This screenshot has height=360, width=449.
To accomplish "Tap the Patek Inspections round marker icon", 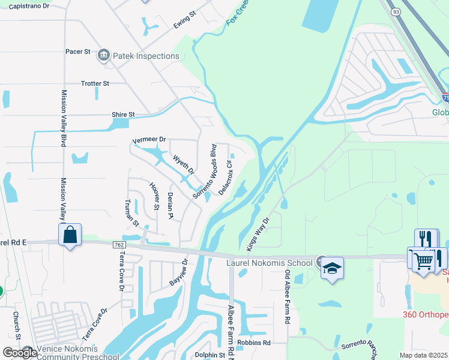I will (x=103, y=56).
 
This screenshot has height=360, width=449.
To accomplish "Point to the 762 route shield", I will (x=119, y=245).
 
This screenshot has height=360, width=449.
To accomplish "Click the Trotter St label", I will (x=95, y=83).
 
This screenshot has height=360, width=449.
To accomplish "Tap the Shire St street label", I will (x=124, y=114).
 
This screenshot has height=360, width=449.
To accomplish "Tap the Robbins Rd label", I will (x=254, y=343).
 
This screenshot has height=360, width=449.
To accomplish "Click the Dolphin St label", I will (x=209, y=355).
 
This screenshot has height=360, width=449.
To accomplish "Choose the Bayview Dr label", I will (x=179, y=273).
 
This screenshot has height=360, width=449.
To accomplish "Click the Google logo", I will (x=19, y=352).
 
